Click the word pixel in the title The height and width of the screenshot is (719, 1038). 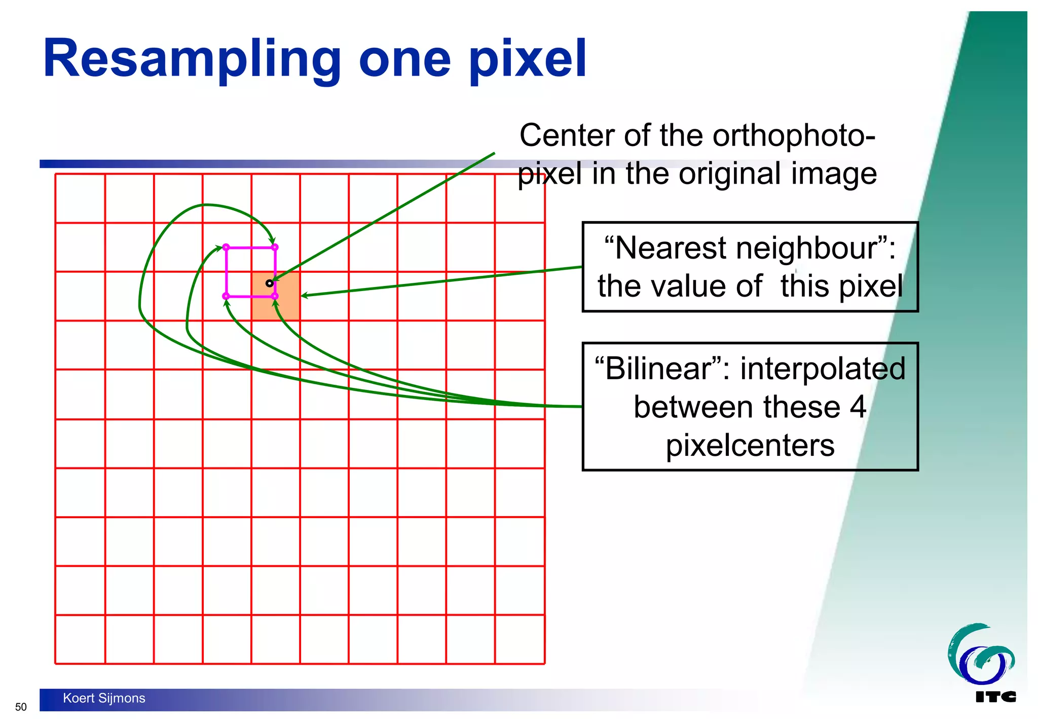(x=527, y=60)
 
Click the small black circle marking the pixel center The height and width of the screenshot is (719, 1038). (x=270, y=283)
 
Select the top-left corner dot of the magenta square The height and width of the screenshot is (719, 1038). (x=226, y=247)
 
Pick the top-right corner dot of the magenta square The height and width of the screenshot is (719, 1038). (x=275, y=247)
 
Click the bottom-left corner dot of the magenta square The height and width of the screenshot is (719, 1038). (x=226, y=296)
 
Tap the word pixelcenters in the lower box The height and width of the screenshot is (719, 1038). (x=750, y=446)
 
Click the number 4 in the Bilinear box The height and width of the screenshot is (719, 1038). (x=858, y=407)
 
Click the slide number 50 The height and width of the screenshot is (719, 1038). (x=21, y=707)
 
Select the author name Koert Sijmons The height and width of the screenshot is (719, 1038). (x=104, y=698)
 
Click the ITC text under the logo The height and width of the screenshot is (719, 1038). (x=995, y=697)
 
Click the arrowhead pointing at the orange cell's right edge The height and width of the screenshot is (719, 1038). (x=304, y=296)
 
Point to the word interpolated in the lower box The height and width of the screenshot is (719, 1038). (x=822, y=369)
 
